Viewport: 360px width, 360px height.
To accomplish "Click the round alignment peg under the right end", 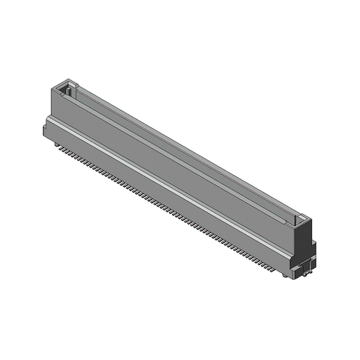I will click(286, 274).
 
